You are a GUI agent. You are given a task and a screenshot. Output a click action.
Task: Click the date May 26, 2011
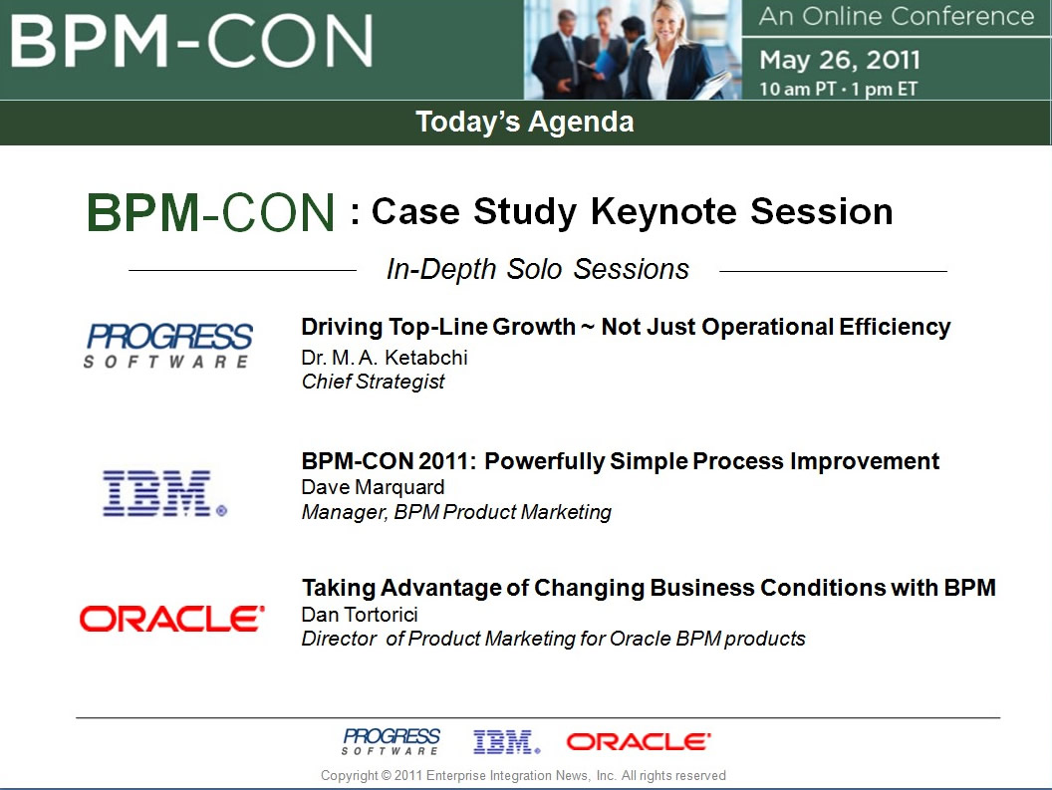(840, 60)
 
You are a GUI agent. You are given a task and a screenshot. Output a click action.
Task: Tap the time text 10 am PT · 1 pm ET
(838, 89)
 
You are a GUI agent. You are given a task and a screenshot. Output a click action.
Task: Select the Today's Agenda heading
(525, 123)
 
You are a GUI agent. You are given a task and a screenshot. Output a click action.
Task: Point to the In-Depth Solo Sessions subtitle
(537, 268)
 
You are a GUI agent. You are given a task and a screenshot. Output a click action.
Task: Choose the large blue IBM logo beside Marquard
(164, 493)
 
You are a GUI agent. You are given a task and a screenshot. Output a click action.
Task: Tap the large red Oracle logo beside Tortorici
(171, 619)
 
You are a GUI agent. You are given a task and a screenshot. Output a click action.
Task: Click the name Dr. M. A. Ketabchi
(385, 357)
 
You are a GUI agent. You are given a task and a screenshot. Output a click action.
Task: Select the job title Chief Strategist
(373, 382)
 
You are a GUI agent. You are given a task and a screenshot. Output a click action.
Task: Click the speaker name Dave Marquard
(373, 486)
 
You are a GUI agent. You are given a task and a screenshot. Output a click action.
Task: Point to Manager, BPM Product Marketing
(456, 512)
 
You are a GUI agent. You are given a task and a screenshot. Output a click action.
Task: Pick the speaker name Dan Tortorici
(360, 614)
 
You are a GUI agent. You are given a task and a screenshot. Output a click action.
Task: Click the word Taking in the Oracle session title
(339, 588)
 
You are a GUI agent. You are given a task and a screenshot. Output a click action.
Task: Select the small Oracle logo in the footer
(639, 741)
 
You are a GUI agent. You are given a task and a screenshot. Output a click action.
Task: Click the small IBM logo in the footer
(506, 741)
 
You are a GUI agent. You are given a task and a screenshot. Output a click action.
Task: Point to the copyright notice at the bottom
(523, 775)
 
